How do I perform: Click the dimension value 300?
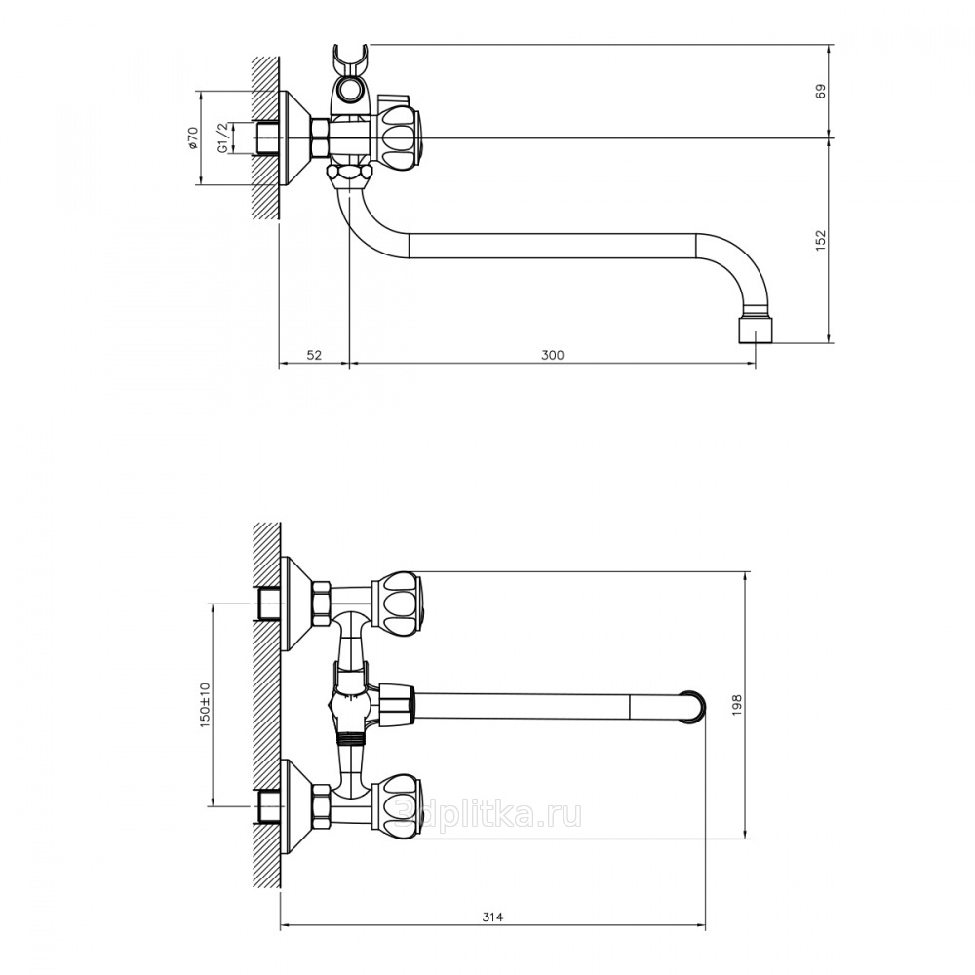[x=552, y=355]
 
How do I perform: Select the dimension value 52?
[x=315, y=355]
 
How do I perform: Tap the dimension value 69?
[x=821, y=91]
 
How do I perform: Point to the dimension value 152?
[x=821, y=241]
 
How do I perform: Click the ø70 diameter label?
[x=193, y=137]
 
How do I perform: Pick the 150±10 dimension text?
[x=206, y=705]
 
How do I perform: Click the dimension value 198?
[x=737, y=705]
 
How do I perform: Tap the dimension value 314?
[x=492, y=916]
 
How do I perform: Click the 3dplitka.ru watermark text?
[x=488, y=813]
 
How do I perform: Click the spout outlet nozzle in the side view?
[x=756, y=331]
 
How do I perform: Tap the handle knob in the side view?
[x=398, y=137]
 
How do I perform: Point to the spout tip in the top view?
[x=695, y=707]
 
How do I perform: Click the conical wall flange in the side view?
[x=295, y=137]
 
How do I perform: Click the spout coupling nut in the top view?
[x=396, y=707]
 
